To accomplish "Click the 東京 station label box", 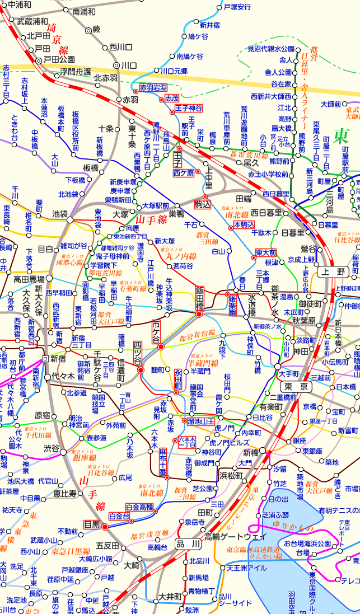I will click(x=294, y=387).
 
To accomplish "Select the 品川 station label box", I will click(x=188, y=543).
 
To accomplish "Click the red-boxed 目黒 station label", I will click(x=92, y=524).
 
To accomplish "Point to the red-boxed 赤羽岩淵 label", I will click(x=153, y=88).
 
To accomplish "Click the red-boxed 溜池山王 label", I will click(x=202, y=420).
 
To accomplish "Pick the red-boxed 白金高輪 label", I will click(x=139, y=507).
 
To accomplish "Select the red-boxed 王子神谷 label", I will click(x=189, y=107).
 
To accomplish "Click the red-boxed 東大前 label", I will click(x=266, y=252).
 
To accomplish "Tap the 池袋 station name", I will click(x=59, y=213).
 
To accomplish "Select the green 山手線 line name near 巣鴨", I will click(x=152, y=221).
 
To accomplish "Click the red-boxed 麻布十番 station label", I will click(x=163, y=461).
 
